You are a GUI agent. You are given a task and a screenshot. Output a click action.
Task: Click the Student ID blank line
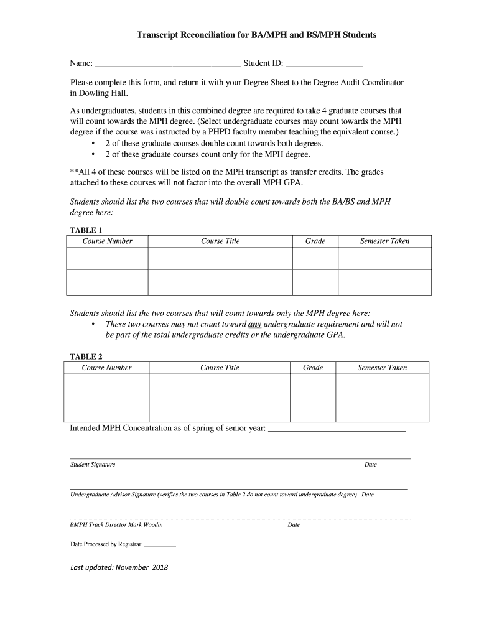pos(324,63)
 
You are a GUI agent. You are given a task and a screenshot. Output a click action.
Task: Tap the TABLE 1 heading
pos(86,230)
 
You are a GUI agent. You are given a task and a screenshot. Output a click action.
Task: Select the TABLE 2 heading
pos(86,356)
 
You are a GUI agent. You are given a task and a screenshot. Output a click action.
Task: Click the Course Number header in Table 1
pos(107,241)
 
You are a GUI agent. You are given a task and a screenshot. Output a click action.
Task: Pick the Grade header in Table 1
pos(315,241)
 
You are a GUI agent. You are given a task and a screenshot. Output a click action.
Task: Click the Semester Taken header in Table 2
pos(382,368)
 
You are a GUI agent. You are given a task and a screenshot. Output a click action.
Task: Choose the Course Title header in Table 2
pos(220,368)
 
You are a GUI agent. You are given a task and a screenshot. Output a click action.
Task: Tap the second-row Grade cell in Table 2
pos(313,409)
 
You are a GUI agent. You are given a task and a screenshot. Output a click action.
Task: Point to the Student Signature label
pos(93,465)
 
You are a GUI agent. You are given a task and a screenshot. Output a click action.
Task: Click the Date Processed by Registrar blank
pos(160,544)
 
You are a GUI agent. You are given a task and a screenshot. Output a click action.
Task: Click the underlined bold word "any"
pos(254,324)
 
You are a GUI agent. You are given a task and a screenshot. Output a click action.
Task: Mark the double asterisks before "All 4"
pos(73,172)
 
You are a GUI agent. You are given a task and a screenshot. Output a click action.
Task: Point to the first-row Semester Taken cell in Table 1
pos(384,258)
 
